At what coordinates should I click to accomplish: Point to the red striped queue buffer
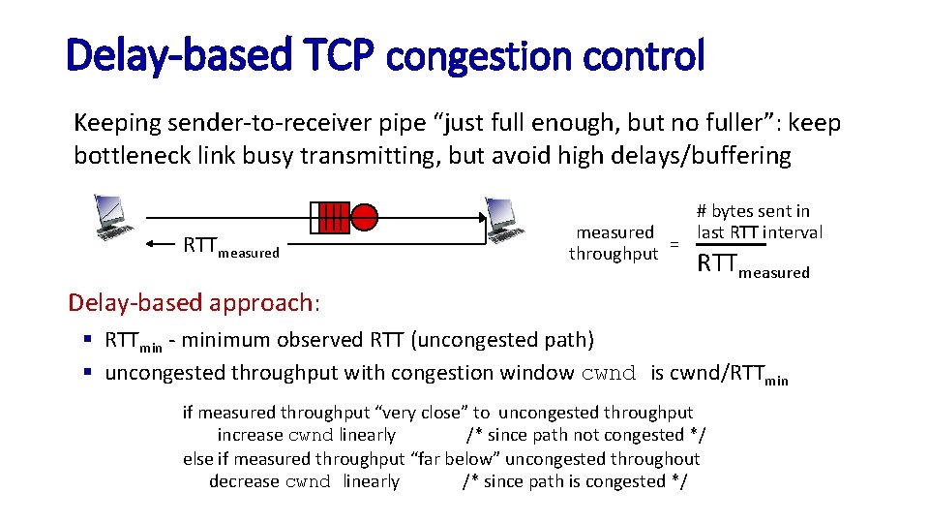[330, 217]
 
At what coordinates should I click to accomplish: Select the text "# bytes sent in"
[753, 211]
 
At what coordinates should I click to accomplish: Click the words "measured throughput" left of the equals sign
[614, 243]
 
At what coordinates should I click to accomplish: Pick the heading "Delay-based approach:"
[194, 302]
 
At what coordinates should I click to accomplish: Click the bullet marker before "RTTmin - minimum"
[87, 340]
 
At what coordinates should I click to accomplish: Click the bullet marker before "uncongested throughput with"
[87, 373]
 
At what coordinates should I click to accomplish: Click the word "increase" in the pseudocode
[251, 436]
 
